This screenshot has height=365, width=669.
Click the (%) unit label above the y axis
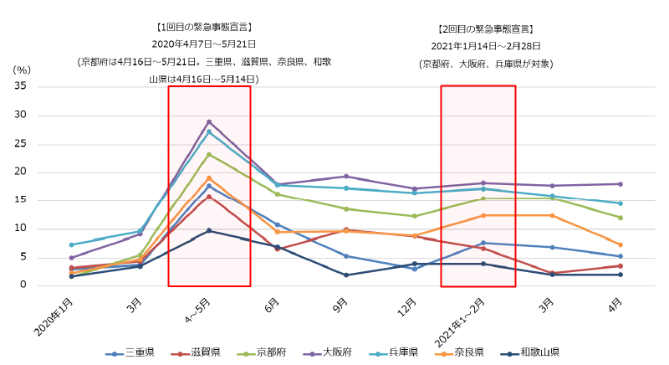tap(22, 70)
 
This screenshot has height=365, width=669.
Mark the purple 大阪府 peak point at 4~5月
tap(209, 121)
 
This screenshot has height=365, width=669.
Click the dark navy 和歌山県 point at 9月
tap(345, 275)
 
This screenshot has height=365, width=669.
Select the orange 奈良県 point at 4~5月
tap(209, 177)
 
